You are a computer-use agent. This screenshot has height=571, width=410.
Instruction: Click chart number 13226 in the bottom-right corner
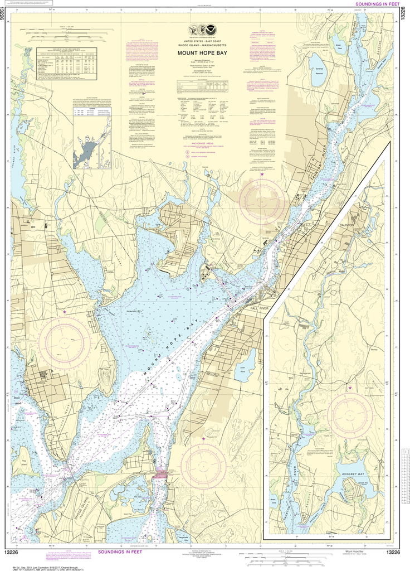[x=393, y=552]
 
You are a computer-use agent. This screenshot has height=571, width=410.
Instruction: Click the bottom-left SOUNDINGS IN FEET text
[x=117, y=552]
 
